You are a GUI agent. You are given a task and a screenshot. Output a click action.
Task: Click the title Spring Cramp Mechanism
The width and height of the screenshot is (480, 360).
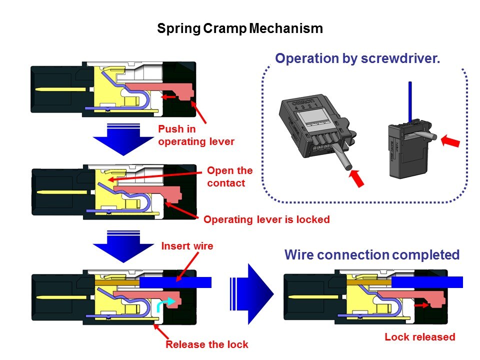pyautogui.click(x=239, y=28)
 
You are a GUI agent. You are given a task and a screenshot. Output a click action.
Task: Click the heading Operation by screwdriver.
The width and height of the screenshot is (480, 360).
pyautogui.click(x=357, y=58)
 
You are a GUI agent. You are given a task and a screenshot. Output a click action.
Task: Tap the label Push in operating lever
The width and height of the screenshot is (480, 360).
pyautogui.click(x=196, y=135)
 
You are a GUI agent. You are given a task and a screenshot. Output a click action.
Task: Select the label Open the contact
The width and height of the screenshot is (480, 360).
pyautogui.click(x=229, y=176)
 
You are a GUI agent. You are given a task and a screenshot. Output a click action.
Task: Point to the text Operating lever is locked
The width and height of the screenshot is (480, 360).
pyautogui.click(x=266, y=219)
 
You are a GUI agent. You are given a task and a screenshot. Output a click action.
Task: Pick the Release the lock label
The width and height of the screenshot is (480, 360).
pyautogui.click(x=206, y=344)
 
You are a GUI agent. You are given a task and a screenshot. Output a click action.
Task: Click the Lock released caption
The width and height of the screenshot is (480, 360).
pyautogui.click(x=420, y=336)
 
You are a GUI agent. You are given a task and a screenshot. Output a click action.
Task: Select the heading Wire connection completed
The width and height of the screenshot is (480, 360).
pyautogui.click(x=371, y=255)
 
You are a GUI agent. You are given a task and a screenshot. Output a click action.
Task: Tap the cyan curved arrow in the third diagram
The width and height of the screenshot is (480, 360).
pyautogui.click(x=164, y=303)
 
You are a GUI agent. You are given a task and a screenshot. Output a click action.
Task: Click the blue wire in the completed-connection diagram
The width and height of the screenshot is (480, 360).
pyautogui.click(x=425, y=282)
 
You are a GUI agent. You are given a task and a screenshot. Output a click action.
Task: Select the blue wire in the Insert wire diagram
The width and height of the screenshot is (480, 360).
pyautogui.click(x=175, y=282)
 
